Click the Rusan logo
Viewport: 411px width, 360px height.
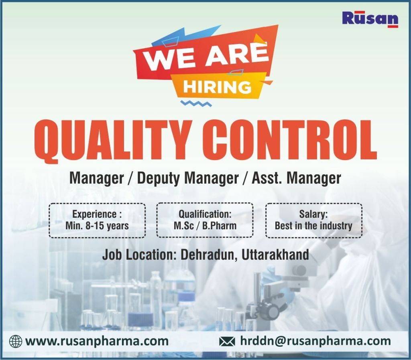pyautogui.click(x=370, y=19)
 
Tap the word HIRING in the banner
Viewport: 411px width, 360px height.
pyautogui.click(x=217, y=87)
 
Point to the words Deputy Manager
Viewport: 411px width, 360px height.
pyautogui.click(x=188, y=178)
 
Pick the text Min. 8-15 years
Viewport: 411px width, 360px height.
pyautogui.click(x=97, y=226)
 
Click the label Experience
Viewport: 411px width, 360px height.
pyautogui.click(x=95, y=214)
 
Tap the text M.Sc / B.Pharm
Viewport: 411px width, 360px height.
pyautogui.click(x=205, y=226)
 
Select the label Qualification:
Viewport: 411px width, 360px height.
pyautogui.click(x=205, y=214)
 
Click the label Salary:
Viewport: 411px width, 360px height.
pyautogui.click(x=313, y=214)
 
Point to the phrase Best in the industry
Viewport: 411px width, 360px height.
pyautogui.click(x=313, y=226)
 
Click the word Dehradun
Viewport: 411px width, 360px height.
pyautogui.click(x=209, y=255)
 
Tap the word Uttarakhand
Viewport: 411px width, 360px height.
pyautogui.click(x=275, y=255)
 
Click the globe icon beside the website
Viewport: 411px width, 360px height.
pyautogui.click(x=16, y=342)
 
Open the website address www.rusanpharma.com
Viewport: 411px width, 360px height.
pyautogui.click(x=97, y=341)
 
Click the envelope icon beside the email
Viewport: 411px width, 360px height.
pyautogui.click(x=227, y=342)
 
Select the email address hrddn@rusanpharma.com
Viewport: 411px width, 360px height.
pyautogui.click(x=315, y=341)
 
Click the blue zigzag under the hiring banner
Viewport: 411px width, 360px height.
pyautogui.click(x=196, y=103)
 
